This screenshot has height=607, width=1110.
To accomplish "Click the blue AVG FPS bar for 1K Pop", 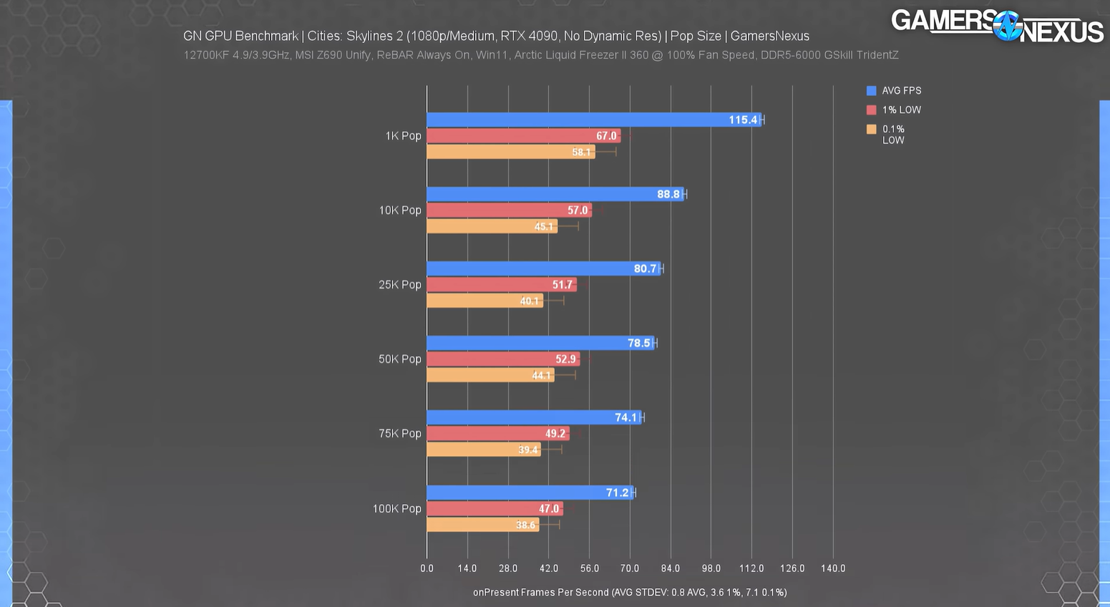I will click(573, 120).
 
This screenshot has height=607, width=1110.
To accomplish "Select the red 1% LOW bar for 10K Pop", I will click(501, 210).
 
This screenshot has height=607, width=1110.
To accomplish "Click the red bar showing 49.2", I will click(494, 434).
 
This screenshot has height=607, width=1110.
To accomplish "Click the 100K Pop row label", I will click(396, 509).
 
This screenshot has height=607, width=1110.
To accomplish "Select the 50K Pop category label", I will click(399, 359).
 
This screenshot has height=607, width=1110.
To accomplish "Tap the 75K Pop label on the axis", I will click(399, 434).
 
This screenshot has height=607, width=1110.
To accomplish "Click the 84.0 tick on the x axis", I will click(671, 568).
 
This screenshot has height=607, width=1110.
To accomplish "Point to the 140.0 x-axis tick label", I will click(833, 568).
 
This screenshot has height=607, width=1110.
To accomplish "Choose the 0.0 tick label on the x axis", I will click(427, 568).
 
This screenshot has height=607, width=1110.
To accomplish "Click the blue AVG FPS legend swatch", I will click(871, 91).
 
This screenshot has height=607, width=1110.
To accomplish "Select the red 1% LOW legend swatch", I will click(871, 110).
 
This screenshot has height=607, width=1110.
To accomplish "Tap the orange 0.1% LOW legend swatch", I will click(871, 130).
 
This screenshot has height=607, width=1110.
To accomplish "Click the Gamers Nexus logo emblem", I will click(1008, 26).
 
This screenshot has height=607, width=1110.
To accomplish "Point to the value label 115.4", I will click(743, 120).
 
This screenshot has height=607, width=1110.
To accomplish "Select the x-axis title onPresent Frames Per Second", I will click(541, 592).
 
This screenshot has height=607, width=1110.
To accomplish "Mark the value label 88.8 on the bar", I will click(668, 195).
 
